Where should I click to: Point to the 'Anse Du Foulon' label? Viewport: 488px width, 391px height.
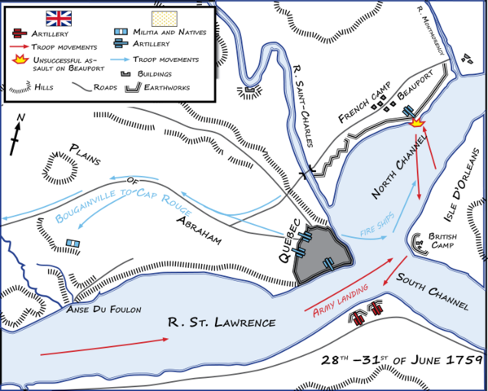pos(105,310)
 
